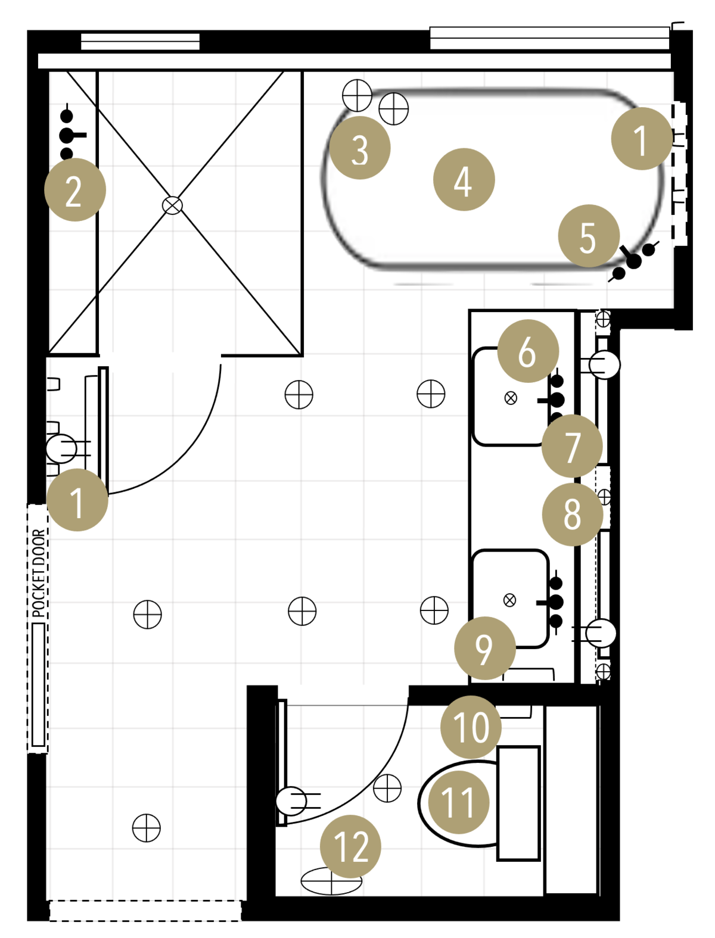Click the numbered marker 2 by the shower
(75, 191)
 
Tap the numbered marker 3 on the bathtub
(360, 148)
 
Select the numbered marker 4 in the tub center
(464, 180)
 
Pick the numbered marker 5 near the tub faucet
(589, 236)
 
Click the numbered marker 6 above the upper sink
(528, 351)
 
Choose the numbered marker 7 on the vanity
(572, 446)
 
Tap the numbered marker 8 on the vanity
(572, 514)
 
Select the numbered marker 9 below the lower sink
(484, 648)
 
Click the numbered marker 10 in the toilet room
(471, 727)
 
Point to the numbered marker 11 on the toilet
(459, 802)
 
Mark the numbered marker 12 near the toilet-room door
(350, 846)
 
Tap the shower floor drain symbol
(172, 205)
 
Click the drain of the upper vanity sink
(511, 398)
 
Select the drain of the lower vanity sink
(509, 600)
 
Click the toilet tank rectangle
(518, 803)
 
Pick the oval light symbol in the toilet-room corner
(331, 882)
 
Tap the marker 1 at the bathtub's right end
(641, 139)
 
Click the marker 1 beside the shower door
(77, 500)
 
